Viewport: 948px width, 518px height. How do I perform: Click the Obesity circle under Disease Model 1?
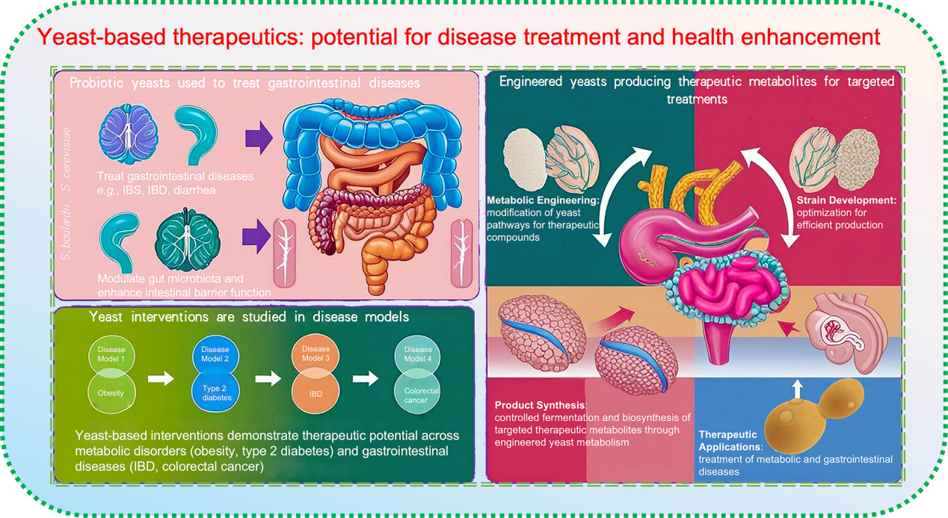(111, 391)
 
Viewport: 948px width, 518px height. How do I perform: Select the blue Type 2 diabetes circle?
(215, 391)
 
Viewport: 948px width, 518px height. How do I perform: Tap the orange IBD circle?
(316, 391)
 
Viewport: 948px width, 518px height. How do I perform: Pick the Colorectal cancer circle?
(417, 391)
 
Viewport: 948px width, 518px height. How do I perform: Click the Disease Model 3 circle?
(316, 355)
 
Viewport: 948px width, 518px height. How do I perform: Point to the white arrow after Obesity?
(161, 378)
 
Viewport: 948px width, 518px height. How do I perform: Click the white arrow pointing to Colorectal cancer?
(366, 378)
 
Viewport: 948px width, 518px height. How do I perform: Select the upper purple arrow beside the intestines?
(259, 138)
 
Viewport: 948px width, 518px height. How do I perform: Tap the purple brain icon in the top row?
(129, 134)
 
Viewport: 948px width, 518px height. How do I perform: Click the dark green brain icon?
(187, 240)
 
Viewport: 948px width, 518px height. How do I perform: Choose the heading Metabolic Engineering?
(544, 200)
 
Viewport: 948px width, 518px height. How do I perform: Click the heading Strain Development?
(846, 200)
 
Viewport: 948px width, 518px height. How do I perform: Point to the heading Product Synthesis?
(540, 405)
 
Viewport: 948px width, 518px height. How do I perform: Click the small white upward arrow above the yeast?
(797, 389)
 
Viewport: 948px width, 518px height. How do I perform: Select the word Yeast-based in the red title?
(101, 37)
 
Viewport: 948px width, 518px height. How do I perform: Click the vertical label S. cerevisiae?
(66, 159)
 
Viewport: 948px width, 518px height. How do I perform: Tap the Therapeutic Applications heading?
(729, 440)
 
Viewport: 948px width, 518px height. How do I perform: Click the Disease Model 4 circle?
(417, 355)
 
